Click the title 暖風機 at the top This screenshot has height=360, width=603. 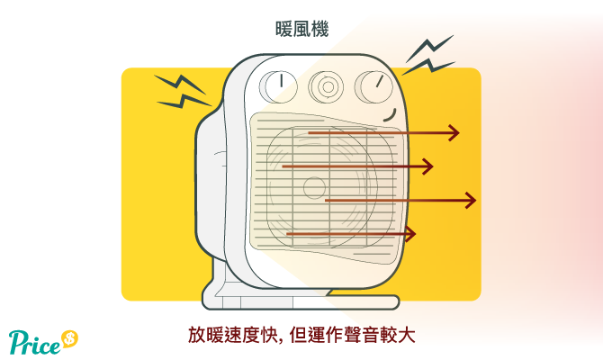301,29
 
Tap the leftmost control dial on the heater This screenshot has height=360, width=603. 278,86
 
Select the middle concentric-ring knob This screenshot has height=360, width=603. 326,87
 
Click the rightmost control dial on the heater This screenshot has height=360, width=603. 373,87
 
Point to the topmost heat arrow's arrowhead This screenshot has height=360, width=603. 454,133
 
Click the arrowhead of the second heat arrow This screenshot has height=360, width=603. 428,166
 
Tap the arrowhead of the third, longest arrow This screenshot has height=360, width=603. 471,201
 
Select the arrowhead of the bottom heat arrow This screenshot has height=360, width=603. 410,234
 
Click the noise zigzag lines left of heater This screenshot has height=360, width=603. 182,91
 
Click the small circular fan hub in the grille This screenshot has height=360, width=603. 314,188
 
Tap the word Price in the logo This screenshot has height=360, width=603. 34,342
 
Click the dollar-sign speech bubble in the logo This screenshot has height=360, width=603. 69,338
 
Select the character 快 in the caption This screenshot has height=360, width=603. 268,335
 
